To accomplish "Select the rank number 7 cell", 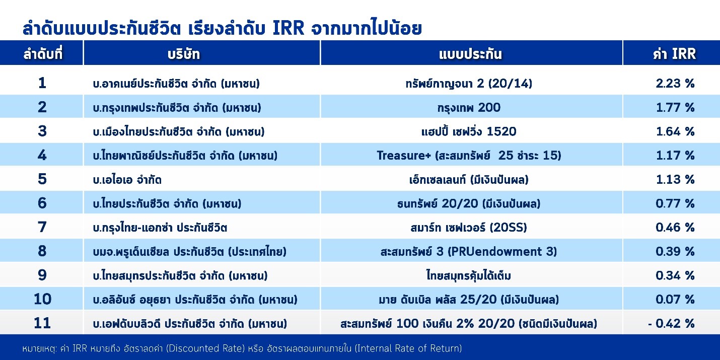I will [42, 227].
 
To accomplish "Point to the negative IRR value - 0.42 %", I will [671, 323].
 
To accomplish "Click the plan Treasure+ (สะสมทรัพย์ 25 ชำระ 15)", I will [469, 156].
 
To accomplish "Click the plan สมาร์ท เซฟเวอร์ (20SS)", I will [469, 228].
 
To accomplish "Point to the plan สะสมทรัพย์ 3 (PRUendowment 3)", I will [469, 251].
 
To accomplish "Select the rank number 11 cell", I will [42, 323].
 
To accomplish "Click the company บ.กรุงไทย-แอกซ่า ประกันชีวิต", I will [157, 228].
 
